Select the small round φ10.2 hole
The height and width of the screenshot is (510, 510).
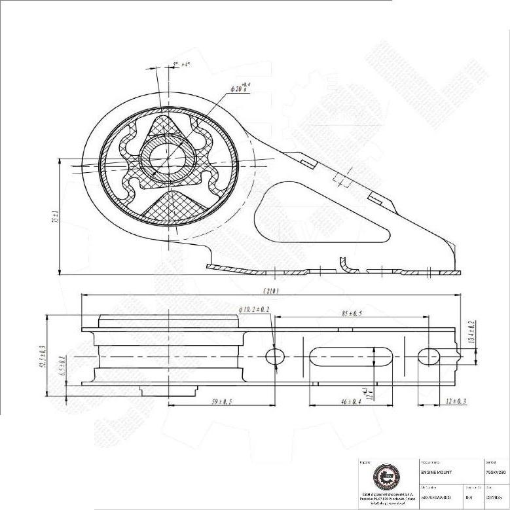[x=275, y=356]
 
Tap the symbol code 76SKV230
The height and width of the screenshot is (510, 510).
[x=494, y=471]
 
